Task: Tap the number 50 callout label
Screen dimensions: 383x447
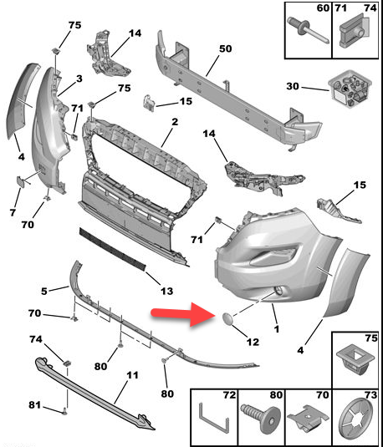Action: pos(225,48)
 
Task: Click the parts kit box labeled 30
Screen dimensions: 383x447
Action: pos(350,89)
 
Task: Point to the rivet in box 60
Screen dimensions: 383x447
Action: pos(309,29)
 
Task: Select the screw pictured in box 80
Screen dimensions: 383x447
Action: pos(261,415)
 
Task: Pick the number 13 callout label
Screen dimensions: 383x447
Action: pos(166,291)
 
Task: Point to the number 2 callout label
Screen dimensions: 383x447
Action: pos(175,122)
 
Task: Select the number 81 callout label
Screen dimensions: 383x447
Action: pos(34,405)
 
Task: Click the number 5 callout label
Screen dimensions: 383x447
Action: pos(44,292)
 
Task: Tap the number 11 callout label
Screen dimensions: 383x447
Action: pos(132,375)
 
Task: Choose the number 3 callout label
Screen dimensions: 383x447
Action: pos(79,79)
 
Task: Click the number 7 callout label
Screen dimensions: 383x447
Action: pos(13,212)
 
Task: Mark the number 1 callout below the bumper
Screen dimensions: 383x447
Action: pos(276,329)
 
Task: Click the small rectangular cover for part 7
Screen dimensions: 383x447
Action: pos(21,181)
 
